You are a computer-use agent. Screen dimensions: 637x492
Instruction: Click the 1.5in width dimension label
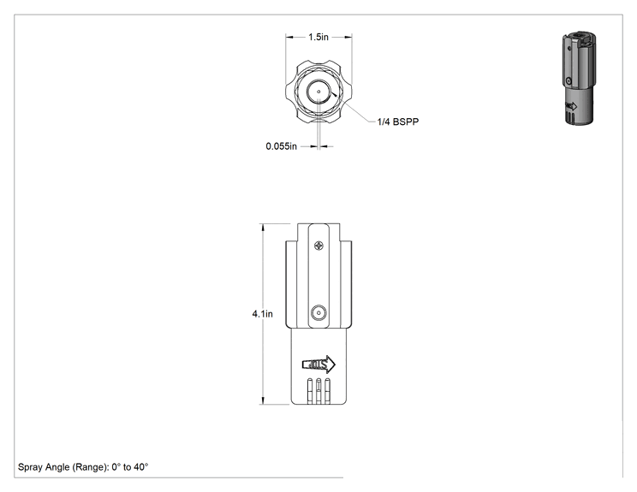(x=318, y=37)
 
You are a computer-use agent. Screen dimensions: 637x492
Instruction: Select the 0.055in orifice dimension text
(x=281, y=146)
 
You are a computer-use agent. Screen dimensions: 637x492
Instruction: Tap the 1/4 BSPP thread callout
(x=398, y=122)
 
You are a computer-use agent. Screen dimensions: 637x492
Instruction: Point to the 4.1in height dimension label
(x=263, y=314)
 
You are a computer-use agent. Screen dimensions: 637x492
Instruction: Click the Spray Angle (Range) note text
(x=83, y=467)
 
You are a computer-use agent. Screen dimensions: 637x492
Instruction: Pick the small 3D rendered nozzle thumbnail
(x=579, y=77)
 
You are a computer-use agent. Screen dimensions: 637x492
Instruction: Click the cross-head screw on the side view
(x=318, y=246)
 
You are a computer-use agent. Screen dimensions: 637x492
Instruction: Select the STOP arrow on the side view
(x=318, y=365)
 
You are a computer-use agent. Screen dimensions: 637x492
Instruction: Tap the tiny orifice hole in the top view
(x=318, y=92)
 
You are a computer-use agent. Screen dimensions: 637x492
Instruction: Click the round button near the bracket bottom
(x=318, y=313)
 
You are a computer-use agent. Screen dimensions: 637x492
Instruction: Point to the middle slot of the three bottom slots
(x=318, y=391)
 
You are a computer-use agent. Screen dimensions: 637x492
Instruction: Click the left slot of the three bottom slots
(x=310, y=391)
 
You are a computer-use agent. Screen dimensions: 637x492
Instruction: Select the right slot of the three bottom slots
(x=327, y=391)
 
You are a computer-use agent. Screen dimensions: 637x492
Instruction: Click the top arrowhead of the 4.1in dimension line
(x=263, y=228)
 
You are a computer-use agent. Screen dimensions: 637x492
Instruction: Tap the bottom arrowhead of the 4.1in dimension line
(x=263, y=400)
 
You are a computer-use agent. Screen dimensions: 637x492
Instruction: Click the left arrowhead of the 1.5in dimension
(x=289, y=37)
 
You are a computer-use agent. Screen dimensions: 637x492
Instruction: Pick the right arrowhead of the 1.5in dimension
(x=348, y=37)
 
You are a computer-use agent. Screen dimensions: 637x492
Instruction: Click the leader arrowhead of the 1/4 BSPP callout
(x=334, y=95)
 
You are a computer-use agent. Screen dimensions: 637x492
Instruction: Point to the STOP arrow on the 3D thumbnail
(x=571, y=106)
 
